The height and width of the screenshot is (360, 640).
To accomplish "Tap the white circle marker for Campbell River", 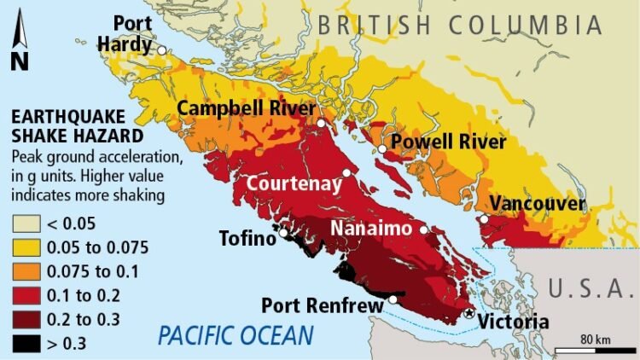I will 321,124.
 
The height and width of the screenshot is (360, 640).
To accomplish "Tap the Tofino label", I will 247,238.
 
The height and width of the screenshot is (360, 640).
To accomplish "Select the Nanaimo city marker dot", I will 423,229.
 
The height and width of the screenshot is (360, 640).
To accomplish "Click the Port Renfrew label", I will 323,305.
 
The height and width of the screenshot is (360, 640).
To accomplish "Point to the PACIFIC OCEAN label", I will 235,334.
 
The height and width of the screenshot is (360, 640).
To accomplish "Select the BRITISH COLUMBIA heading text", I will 461,24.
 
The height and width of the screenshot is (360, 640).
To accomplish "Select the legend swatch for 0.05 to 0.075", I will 25,248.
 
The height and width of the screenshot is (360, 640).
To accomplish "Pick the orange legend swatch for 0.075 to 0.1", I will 25,271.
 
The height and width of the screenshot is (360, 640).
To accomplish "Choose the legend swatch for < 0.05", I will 25,225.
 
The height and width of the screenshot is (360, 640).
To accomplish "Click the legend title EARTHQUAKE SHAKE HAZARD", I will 64,125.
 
